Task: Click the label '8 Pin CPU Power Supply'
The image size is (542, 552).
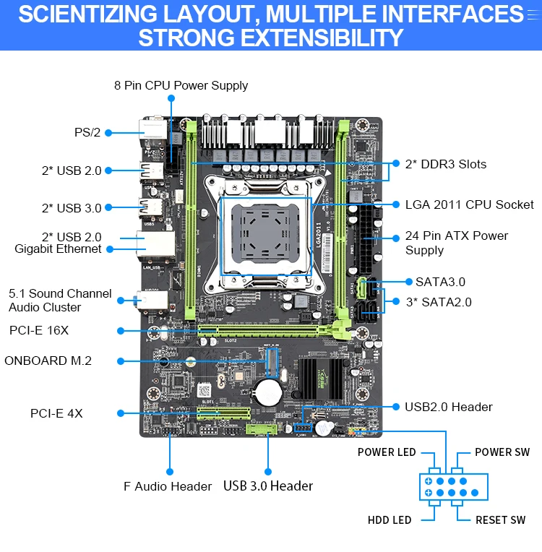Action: (x=181, y=85)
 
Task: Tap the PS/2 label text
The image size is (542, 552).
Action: (x=87, y=132)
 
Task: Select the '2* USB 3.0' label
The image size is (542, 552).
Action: (x=72, y=208)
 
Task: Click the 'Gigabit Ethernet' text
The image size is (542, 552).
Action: (x=58, y=249)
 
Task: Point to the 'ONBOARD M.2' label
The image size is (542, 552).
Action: (x=48, y=361)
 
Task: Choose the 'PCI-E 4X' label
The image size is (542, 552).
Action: (x=56, y=413)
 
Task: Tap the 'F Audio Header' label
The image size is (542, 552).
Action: (x=168, y=486)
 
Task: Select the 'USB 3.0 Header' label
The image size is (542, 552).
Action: (x=268, y=486)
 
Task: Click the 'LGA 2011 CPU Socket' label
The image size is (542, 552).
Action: (x=469, y=204)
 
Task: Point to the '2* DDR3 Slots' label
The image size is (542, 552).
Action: (x=445, y=164)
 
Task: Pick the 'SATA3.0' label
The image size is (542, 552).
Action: (x=440, y=282)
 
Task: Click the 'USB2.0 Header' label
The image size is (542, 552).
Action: (x=448, y=407)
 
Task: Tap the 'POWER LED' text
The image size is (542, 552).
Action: (x=387, y=452)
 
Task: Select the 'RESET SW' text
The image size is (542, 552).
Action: (x=500, y=520)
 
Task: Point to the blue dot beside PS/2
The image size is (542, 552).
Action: (x=108, y=132)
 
